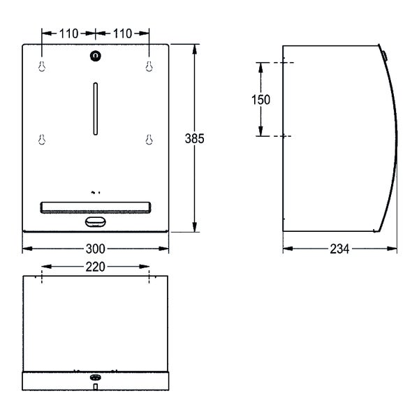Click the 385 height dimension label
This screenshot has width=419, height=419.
(x=194, y=138)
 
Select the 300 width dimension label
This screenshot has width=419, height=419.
(x=96, y=249)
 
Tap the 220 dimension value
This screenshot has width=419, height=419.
(x=96, y=267)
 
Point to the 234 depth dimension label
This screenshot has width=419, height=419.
(x=339, y=249)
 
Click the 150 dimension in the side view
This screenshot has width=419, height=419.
(x=260, y=100)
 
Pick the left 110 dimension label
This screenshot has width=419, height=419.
(x=68, y=34)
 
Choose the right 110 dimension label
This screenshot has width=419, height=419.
(x=122, y=34)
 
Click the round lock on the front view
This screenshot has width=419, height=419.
(x=96, y=56)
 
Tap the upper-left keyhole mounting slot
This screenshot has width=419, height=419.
(x=42, y=66)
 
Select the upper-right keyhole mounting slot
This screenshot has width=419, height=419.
(x=149, y=66)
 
